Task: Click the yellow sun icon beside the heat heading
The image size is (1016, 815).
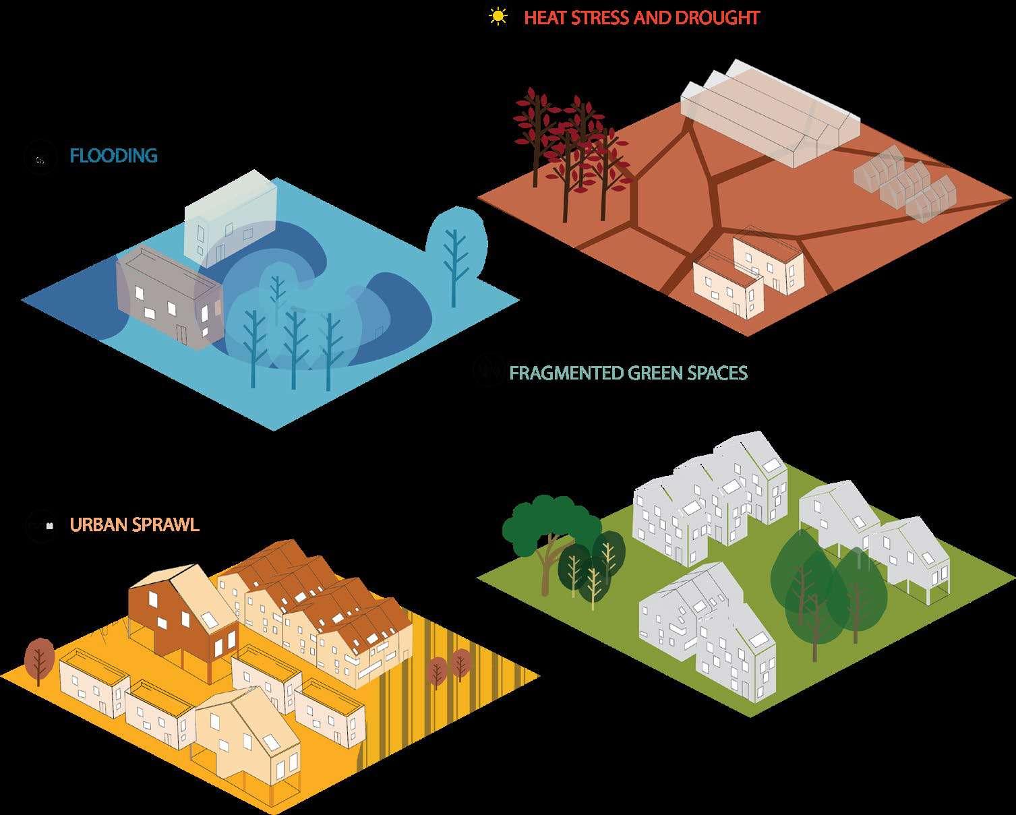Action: click(x=498, y=16)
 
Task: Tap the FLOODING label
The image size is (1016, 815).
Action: click(x=113, y=156)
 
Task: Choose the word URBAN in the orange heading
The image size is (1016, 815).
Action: click(x=97, y=524)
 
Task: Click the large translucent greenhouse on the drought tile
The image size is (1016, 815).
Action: click(x=769, y=121)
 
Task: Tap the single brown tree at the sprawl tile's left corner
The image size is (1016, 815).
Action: click(x=40, y=657)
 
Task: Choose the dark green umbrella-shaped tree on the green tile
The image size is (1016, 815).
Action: click(x=549, y=526)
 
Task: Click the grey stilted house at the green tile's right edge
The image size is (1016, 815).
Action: click(x=910, y=553)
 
